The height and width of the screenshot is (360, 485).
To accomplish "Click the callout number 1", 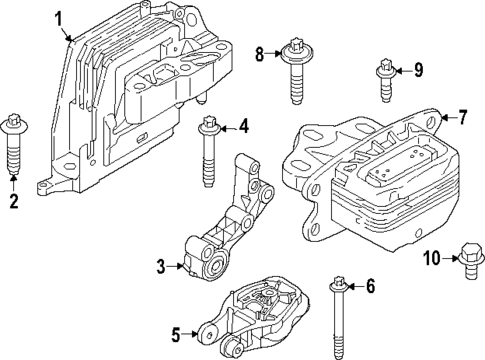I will (x=59, y=17).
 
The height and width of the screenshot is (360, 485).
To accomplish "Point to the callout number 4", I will (x=243, y=126).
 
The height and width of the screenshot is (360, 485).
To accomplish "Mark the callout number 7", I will (x=461, y=117).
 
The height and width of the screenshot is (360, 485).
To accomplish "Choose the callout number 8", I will (x=260, y=53).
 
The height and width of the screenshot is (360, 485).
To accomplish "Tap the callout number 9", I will (x=418, y=70).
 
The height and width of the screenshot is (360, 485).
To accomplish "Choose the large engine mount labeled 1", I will (x=140, y=100).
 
